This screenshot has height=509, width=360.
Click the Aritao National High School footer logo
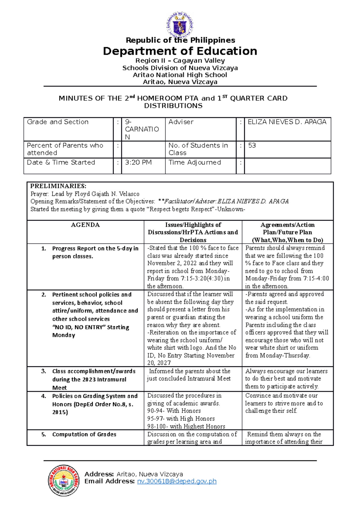pos(64,481)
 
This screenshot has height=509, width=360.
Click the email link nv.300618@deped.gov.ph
pos(177,481)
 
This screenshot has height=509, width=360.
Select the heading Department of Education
pos(180,51)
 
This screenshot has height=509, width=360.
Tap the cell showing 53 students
pos(252,146)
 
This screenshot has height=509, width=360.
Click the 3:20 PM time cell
pos(138,162)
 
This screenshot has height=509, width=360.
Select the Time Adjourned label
pos(195,162)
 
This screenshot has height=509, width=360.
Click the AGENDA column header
pos(85,225)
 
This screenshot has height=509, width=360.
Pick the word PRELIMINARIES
pos(58,186)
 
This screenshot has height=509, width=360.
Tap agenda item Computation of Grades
pos(84,434)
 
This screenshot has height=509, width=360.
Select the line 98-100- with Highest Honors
pos(186,426)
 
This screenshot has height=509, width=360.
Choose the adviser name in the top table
pos(287,122)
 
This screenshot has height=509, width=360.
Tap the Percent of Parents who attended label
pos(65,149)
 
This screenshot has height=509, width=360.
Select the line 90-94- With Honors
pos(174,411)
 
